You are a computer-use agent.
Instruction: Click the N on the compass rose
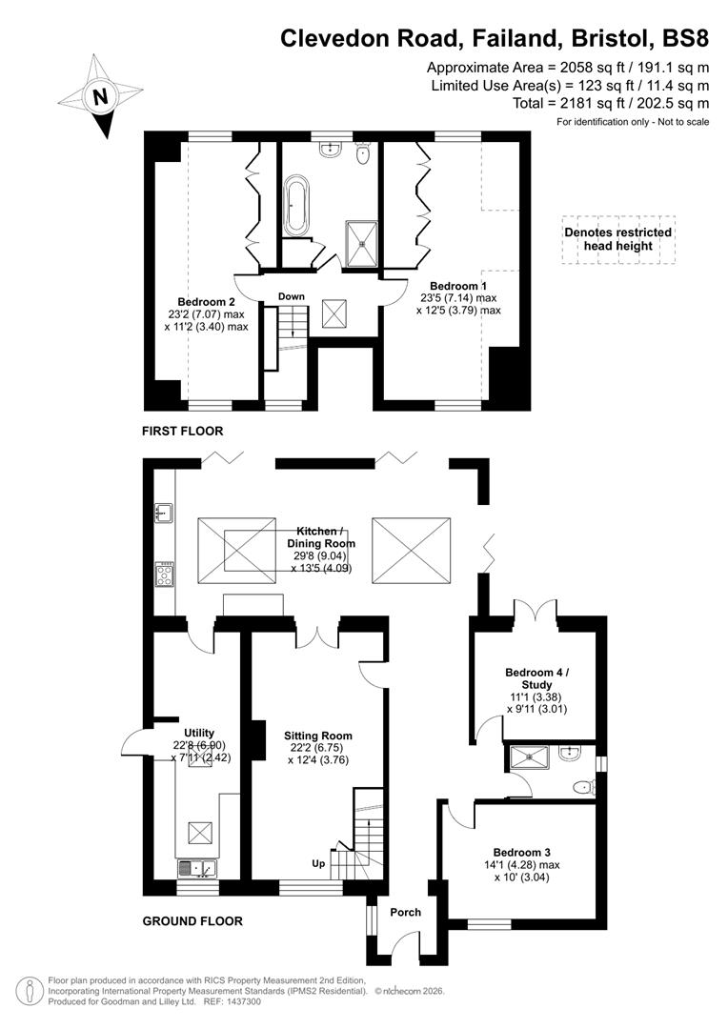(x=99, y=96)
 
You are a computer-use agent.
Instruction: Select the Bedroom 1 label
(x=458, y=286)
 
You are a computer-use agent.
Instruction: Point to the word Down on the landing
(x=292, y=296)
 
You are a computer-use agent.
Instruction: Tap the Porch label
(x=406, y=912)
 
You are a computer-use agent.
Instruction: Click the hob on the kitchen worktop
(x=165, y=574)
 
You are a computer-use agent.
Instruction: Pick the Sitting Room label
(x=317, y=736)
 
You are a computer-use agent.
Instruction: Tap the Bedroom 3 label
(x=521, y=852)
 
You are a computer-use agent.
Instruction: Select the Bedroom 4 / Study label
(x=536, y=678)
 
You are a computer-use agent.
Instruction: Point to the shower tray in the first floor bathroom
(x=361, y=243)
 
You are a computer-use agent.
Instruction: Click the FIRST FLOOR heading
(x=182, y=432)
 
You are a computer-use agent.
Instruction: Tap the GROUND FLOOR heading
(x=192, y=921)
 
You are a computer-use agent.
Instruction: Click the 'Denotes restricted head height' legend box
(x=617, y=239)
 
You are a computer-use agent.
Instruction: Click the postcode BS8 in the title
(x=683, y=38)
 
